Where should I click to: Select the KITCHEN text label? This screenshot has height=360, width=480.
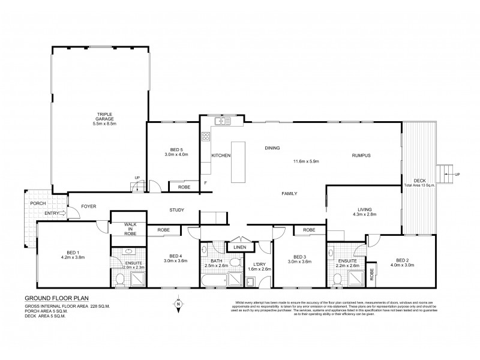[221, 155]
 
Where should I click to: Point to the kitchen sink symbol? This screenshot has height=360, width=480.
[223, 121]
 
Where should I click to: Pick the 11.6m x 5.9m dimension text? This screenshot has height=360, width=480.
[306, 161]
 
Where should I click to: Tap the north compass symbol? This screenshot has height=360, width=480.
[178, 305]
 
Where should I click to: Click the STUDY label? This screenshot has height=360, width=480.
[176, 210]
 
